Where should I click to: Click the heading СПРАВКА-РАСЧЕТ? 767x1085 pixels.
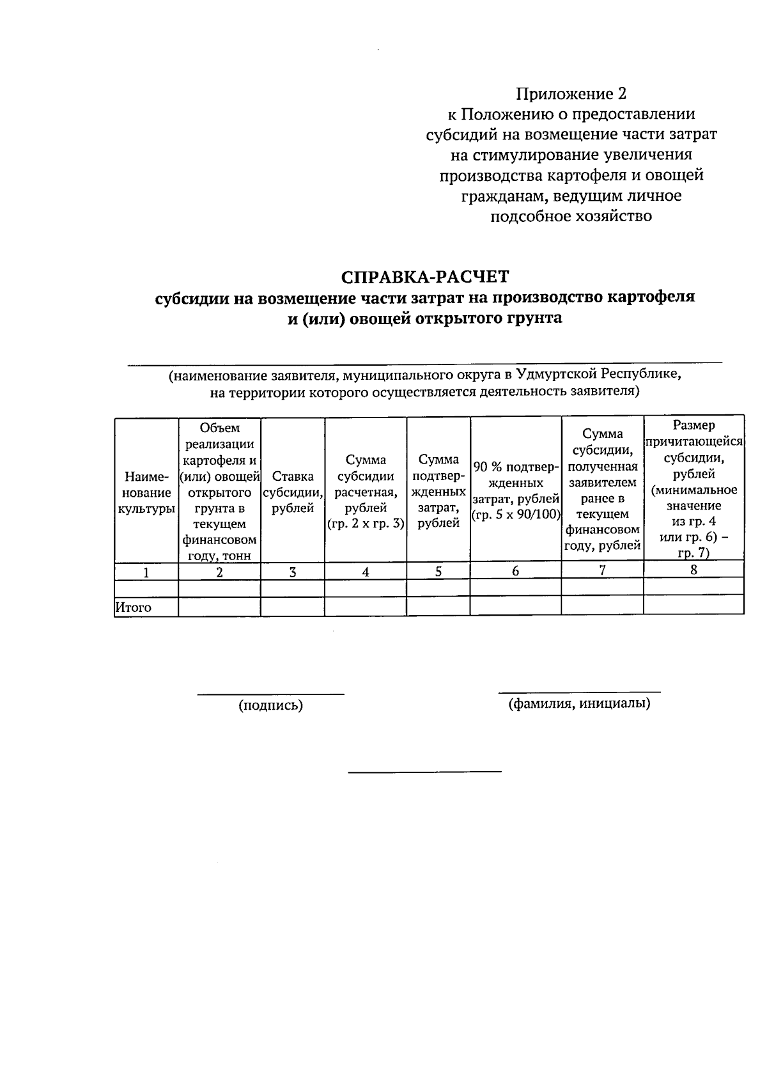425,277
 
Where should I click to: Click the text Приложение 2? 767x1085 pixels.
571,94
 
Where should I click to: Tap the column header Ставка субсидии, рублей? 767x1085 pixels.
292,492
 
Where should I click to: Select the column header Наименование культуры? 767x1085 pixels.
146,492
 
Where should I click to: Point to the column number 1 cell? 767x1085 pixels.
146,572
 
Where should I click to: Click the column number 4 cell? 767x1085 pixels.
365,572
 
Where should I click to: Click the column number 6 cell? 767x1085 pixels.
515,571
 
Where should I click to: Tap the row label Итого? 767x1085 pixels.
133,607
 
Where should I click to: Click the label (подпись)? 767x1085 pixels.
270,705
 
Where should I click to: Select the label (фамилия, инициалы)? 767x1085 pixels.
579,704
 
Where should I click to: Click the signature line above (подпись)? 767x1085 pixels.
270,693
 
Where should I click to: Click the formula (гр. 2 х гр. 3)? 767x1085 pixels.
365,524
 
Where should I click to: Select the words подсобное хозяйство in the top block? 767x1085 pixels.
571,216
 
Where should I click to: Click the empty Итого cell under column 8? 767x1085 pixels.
693,605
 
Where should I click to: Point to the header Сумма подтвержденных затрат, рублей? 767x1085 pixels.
438,491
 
